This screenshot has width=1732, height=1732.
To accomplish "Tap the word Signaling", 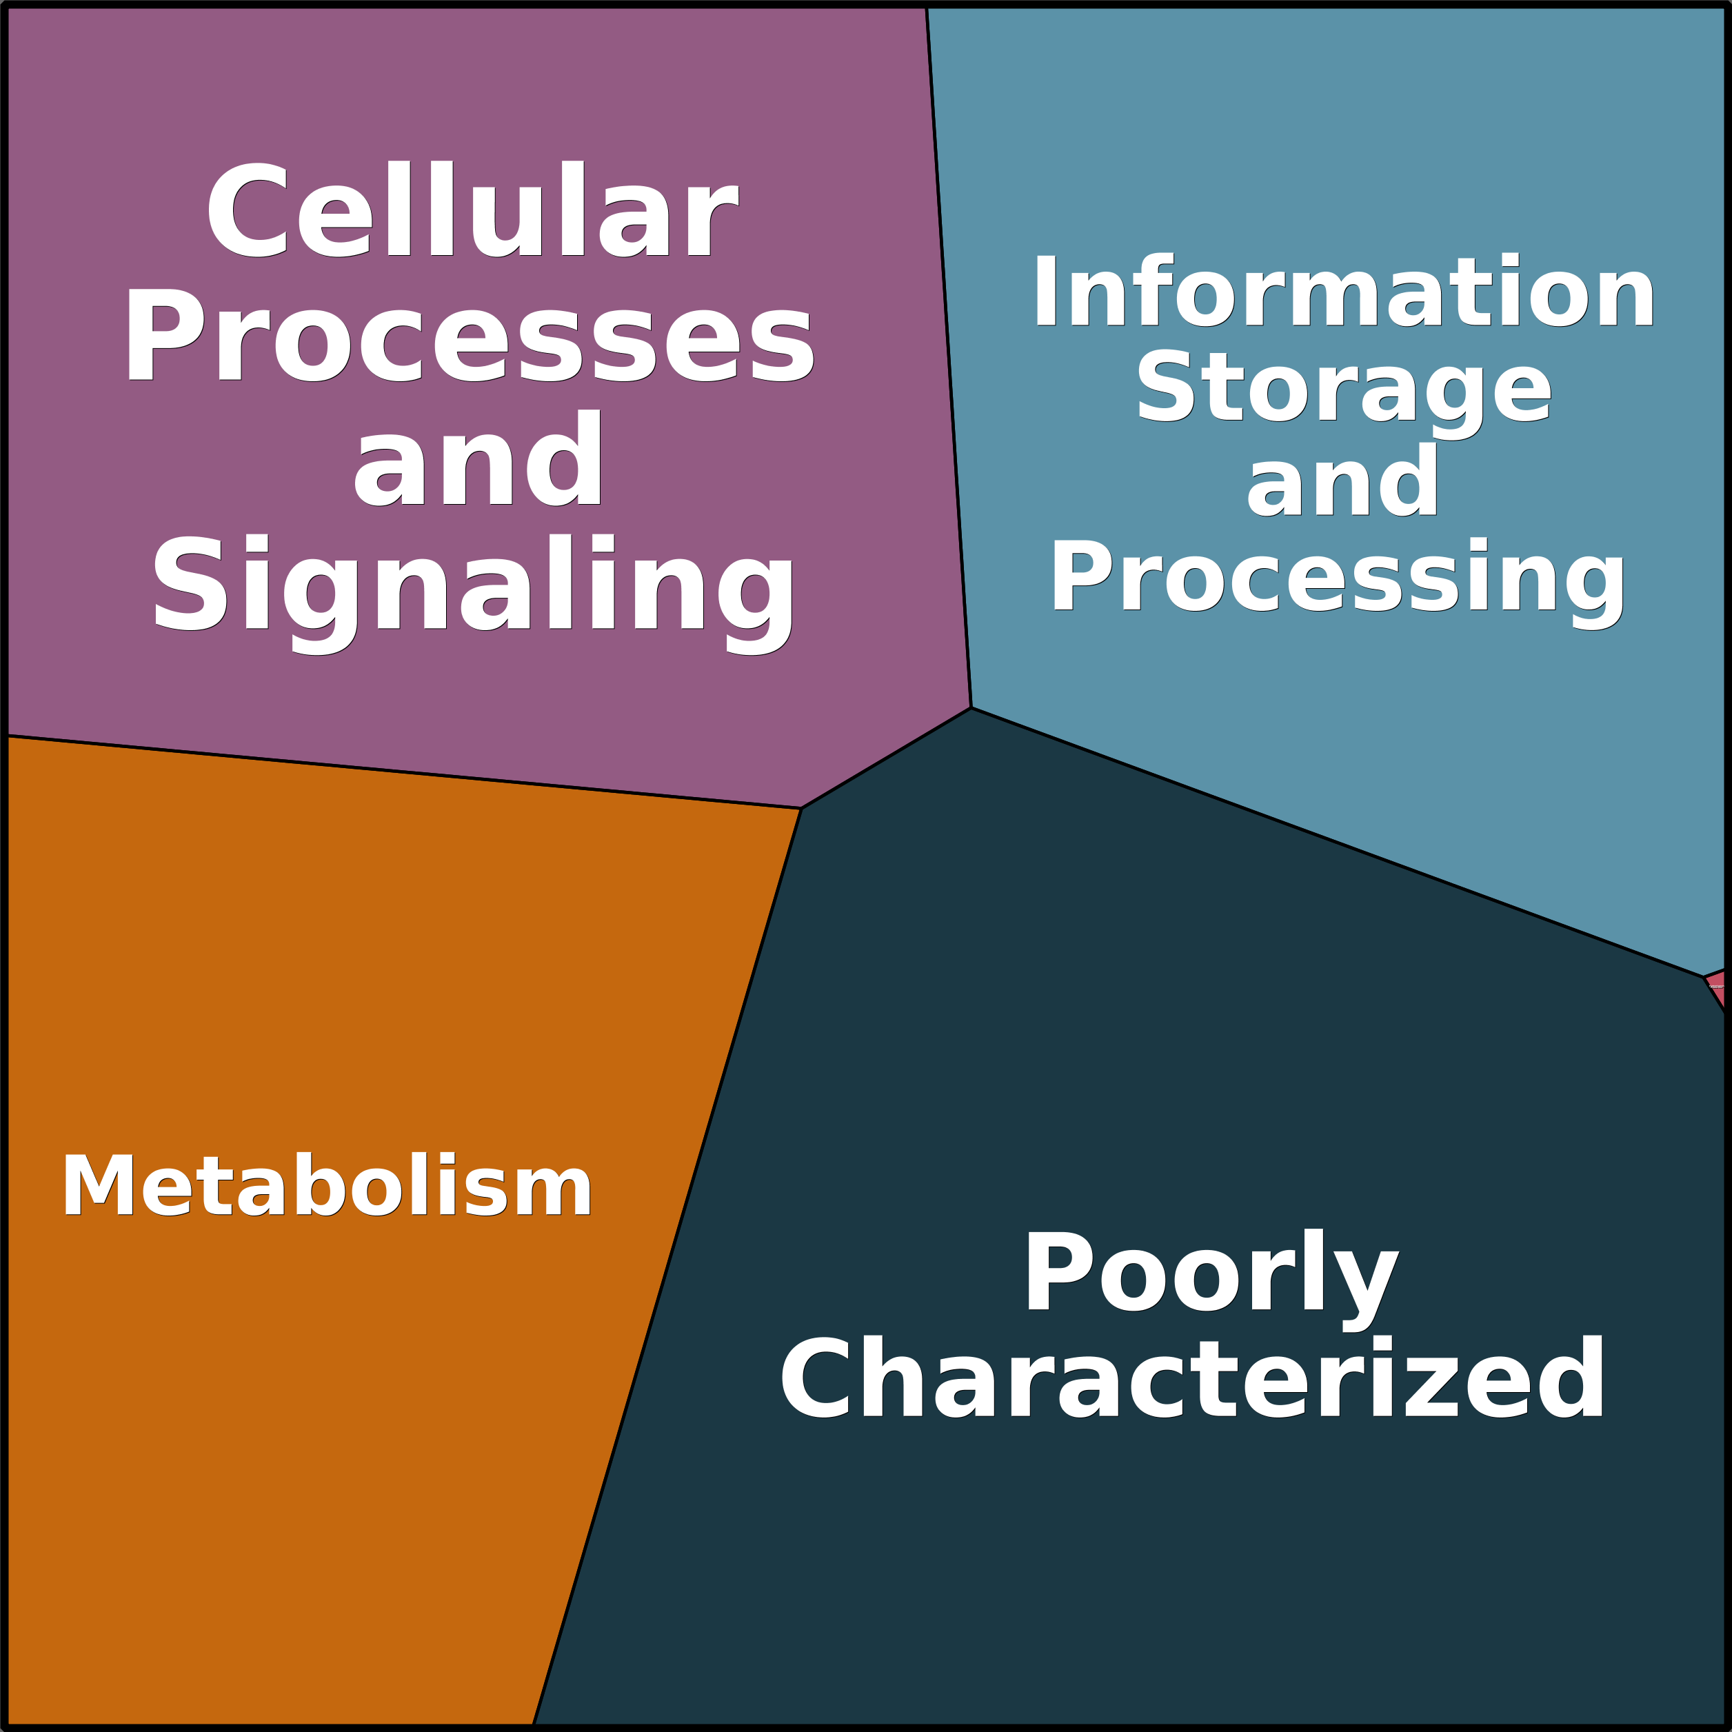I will coord(472,587).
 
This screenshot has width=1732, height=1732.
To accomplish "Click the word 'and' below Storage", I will coord(1342,483).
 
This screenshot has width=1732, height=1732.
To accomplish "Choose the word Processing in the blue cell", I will coord(1338,578).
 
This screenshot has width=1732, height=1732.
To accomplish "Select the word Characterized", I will coord(1192,1378).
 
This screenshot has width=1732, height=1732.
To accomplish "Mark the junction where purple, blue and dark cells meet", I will coord(971,708).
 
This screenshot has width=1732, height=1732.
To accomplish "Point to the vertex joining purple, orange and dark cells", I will coord(800,807).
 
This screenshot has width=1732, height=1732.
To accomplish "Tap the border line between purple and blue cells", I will coord(949,359).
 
